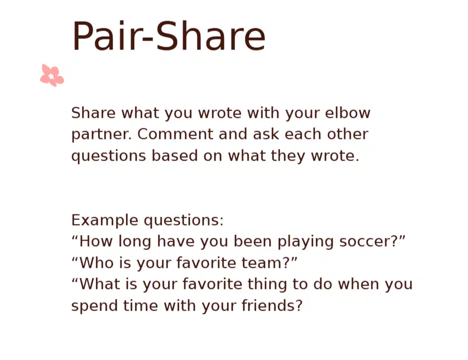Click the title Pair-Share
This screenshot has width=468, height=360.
click(169, 37)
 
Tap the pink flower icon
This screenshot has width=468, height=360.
click(52, 76)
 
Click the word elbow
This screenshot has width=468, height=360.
click(348, 113)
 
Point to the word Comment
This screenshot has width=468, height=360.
click(175, 134)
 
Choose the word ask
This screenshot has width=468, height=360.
click(266, 134)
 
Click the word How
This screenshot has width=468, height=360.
click(96, 241)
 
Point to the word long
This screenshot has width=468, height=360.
click(135, 242)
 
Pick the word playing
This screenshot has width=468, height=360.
click(306, 242)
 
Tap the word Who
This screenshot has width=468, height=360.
click(97, 263)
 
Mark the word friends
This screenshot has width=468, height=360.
click(269, 306)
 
